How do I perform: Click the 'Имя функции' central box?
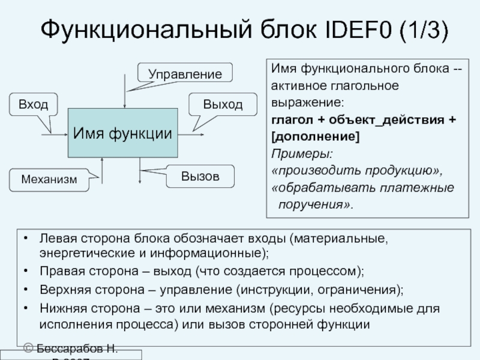click(x=122, y=133)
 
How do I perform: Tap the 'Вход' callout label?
click(x=33, y=104)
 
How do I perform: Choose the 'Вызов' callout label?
click(x=200, y=176)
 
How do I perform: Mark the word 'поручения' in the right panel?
click(x=311, y=205)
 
